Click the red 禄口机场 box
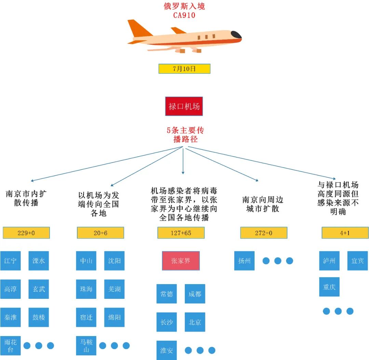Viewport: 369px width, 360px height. click(184, 106)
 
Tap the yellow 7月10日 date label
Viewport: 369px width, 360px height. click(184, 69)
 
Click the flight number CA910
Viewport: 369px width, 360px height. click(184, 15)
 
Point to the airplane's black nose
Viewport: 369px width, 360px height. click(236, 35)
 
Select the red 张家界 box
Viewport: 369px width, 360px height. click(181, 261)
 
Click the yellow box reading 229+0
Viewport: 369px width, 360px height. click(26, 233)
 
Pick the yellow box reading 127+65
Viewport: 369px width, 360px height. click(181, 233)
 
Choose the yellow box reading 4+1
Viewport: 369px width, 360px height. click(345, 233)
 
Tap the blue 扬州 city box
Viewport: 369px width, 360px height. click(244, 261)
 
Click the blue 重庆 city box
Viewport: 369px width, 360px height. click(329, 287)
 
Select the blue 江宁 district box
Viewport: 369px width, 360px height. click(10, 261)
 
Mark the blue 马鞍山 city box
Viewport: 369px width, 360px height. click(86, 346)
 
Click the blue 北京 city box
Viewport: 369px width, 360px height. click(195, 322)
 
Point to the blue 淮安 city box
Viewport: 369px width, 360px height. click(167, 350)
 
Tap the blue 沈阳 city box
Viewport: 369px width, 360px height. click(114, 261)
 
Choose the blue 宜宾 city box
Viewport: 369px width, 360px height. click(357, 261)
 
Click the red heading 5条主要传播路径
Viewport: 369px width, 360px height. click(185, 135)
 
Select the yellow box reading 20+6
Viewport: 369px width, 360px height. click(100, 233)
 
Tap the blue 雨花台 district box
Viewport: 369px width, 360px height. click(10, 346)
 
